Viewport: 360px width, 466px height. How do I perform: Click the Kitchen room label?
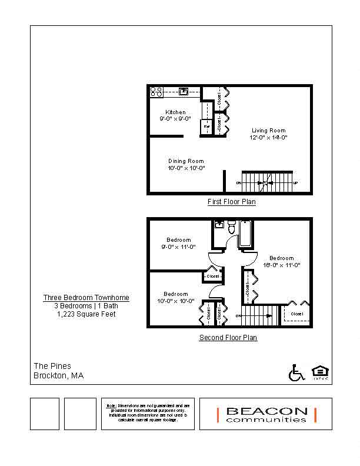pos(175,112)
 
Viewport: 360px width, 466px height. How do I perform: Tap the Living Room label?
pos(269,131)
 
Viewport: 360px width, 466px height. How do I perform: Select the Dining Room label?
pos(186,161)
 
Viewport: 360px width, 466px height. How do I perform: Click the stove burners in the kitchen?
pos(156,91)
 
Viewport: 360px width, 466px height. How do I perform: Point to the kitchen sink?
pos(183,91)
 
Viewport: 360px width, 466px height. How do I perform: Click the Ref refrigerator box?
pos(206,126)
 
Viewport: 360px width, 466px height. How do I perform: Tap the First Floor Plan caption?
pos(232,202)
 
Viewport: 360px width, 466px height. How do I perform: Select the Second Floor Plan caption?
pos(228,338)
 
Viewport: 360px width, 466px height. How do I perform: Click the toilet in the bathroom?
pos(231,228)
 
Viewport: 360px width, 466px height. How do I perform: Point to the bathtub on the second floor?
pos(246,234)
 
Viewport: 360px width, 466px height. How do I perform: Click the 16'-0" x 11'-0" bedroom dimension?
pos(282,265)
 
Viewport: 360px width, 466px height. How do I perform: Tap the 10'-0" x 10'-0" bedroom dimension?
pos(176,301)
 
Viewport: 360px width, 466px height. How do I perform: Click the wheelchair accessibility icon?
pos(296,372)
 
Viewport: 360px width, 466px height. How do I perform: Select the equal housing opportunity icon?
pos(319,372)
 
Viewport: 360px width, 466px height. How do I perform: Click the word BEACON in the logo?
pos(266,411)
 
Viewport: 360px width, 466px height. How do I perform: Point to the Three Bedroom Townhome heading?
pos(86,298)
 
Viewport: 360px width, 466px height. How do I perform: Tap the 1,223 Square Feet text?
pos(86,314)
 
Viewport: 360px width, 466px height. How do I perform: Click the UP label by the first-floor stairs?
pos(295,183)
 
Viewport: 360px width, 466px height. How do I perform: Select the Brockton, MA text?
pos(59,375)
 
